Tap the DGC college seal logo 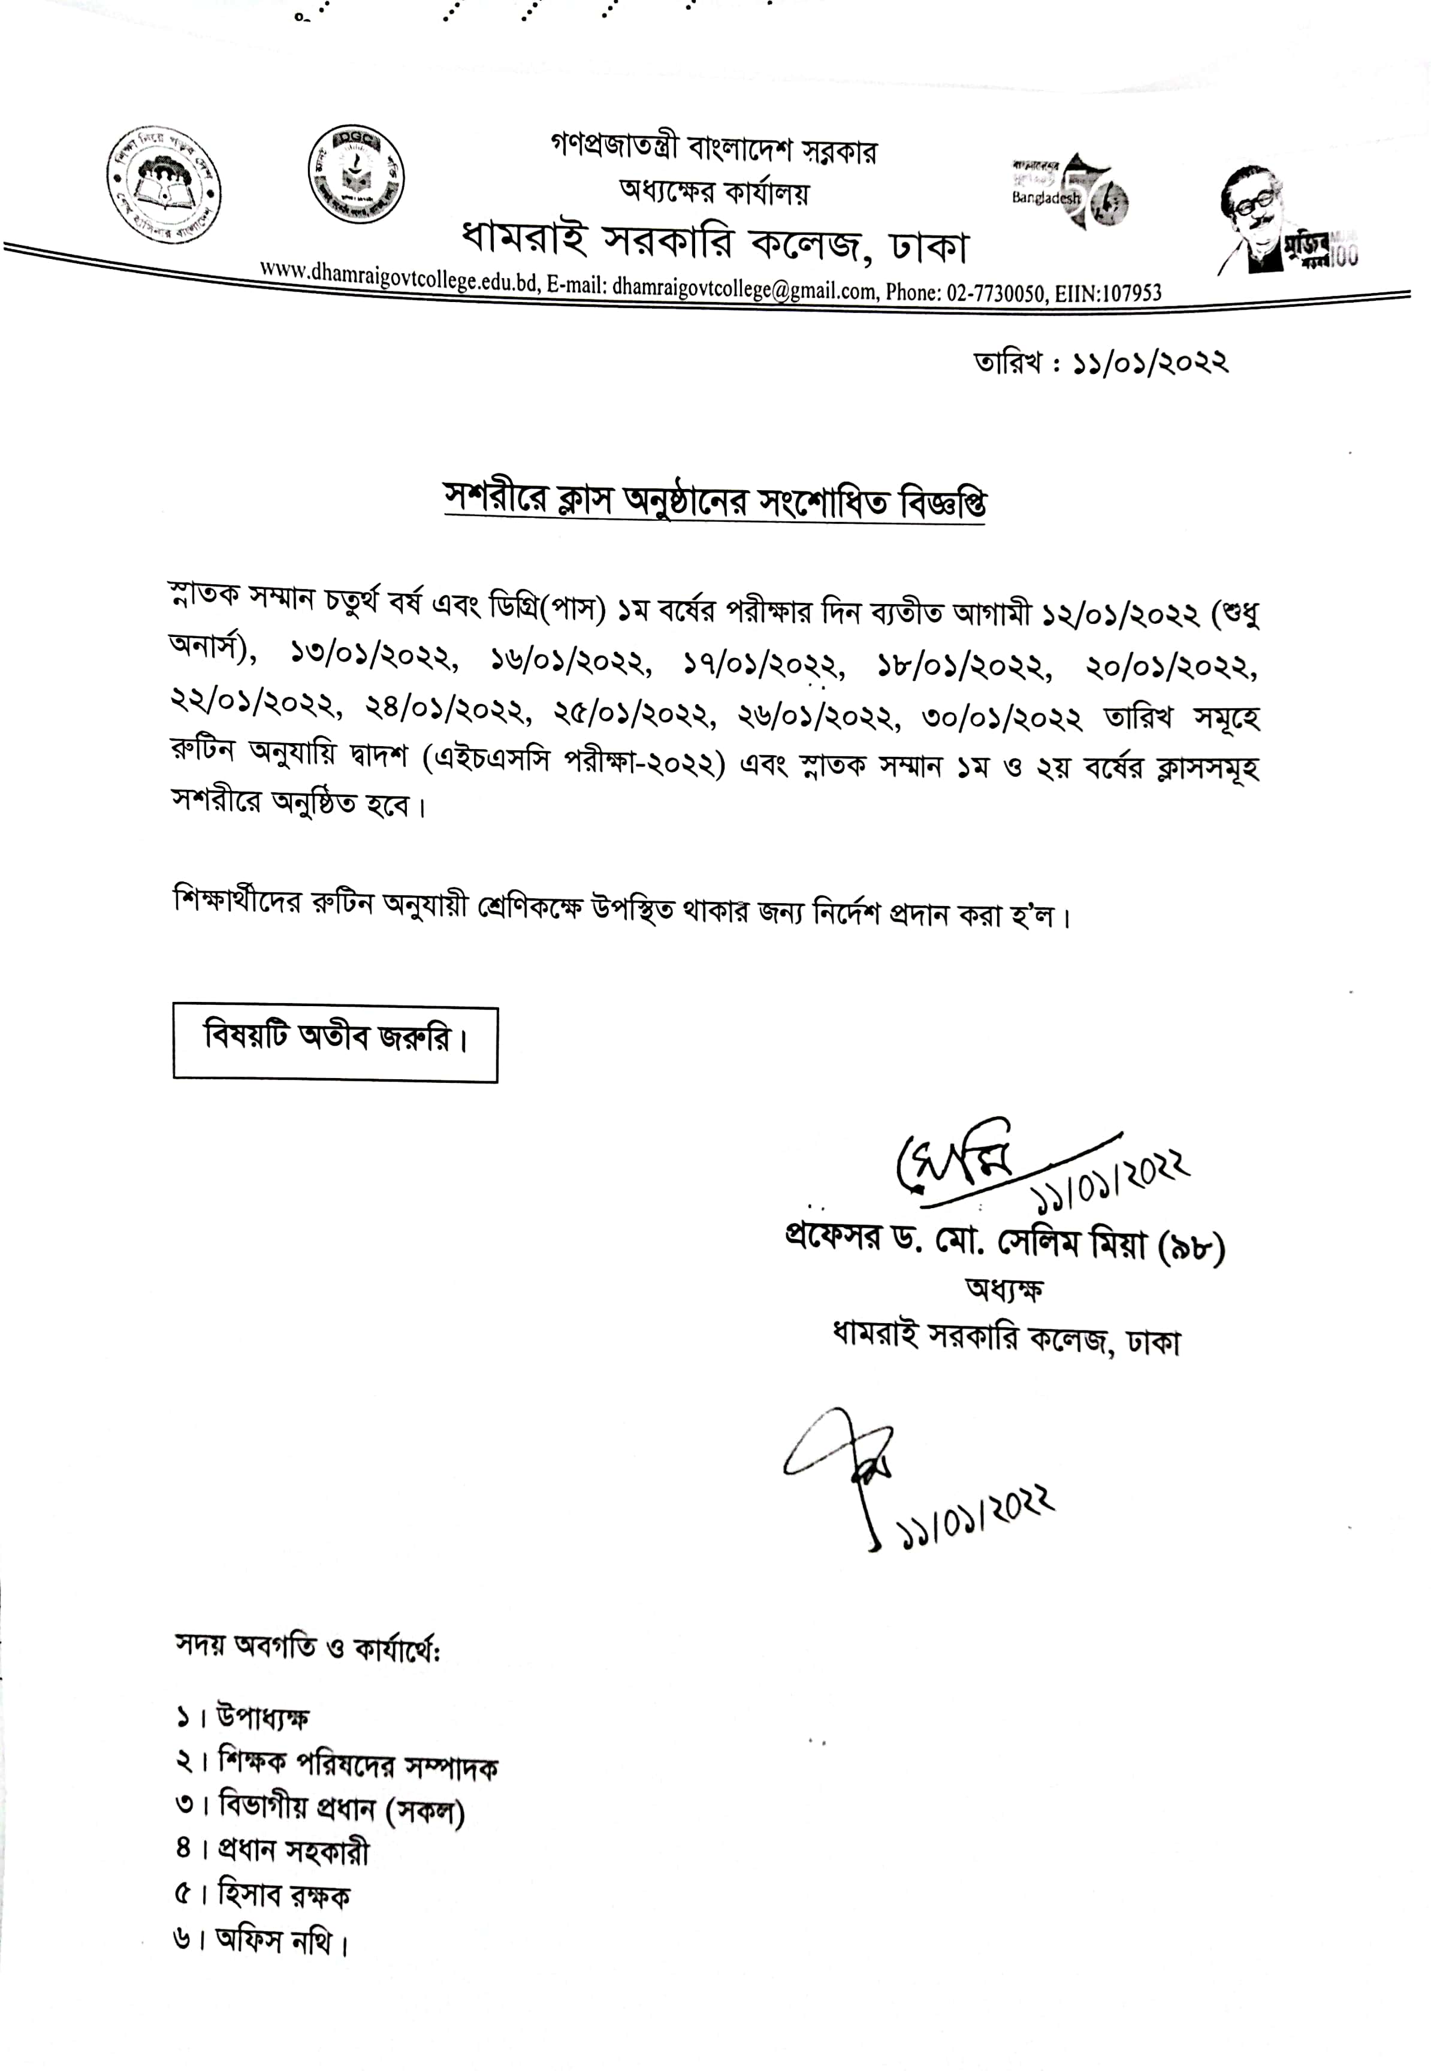tap(356, 173)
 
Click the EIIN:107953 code tap(1108, 293)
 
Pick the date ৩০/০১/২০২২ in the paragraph tap(1003, 718)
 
